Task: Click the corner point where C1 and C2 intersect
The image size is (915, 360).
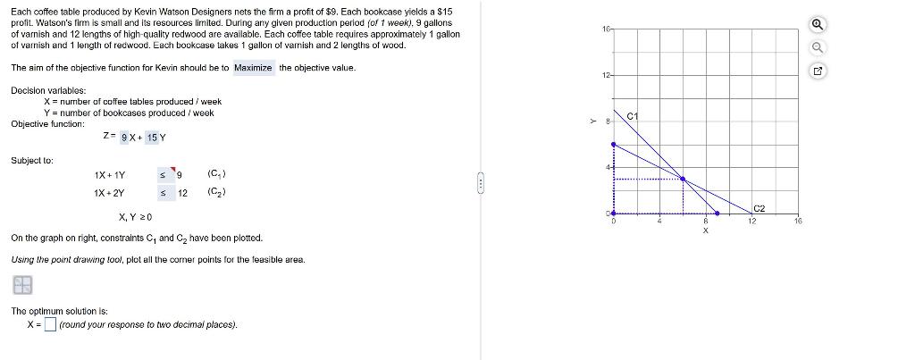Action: click(683, 179)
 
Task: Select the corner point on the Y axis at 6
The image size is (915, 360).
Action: click(613, 144)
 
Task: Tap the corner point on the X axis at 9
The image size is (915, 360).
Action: click(718, 213)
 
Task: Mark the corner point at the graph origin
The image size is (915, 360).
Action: click(613, 213)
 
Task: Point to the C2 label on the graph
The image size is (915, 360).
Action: click(760, 208)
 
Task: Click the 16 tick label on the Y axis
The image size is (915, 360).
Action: click(606, 29)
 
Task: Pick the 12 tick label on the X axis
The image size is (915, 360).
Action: click(752, 222)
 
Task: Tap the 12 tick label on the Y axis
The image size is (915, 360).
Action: click(606, 75)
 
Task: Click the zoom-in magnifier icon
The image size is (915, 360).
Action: click(818, 24)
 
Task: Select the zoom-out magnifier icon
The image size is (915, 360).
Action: click(818, 47)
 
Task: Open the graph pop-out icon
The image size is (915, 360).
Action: click(818, 71)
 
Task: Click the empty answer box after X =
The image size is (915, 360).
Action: click(50, 323)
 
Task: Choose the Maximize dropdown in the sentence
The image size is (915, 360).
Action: click(253, 68)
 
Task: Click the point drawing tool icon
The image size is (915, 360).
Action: click(22, 285)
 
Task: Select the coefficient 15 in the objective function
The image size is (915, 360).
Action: click(152, 138)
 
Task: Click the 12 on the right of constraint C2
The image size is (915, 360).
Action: click(182, 193)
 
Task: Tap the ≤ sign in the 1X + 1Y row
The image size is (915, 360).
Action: click(164, 174)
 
